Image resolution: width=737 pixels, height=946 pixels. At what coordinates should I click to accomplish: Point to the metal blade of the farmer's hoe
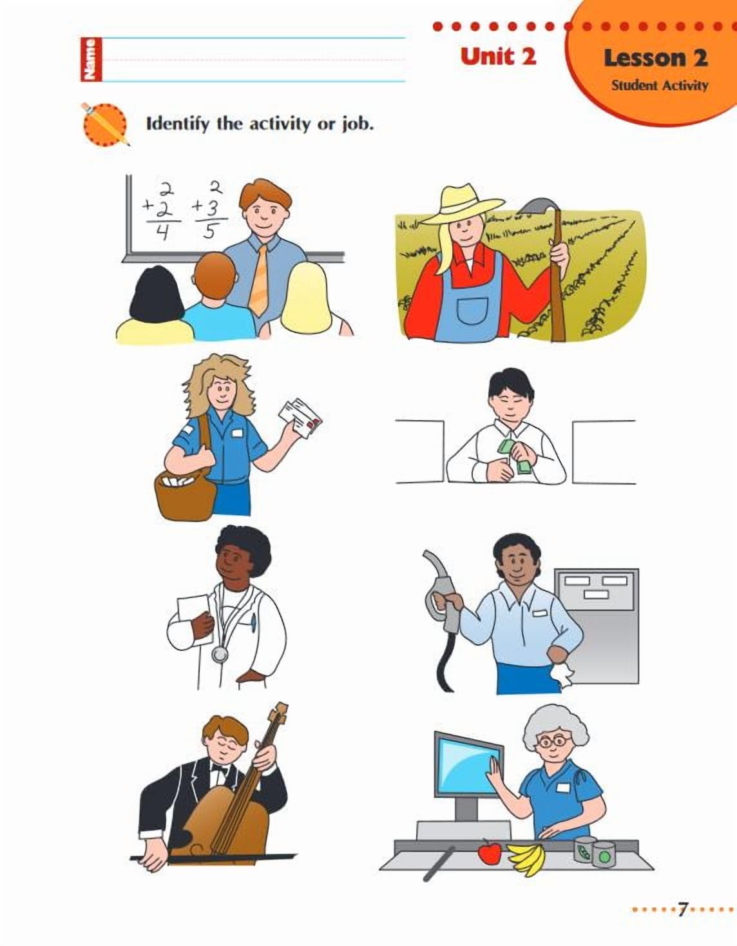[x=538, y=207]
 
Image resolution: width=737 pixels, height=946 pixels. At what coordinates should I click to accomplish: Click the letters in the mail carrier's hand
[x=301, y=418]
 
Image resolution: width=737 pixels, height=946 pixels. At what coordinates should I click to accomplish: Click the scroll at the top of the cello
[x=278, y=713]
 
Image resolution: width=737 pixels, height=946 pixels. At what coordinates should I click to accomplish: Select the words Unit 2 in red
[x=498, y=57]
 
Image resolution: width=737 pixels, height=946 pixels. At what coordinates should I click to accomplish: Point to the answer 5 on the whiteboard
[x=209, y=231]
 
